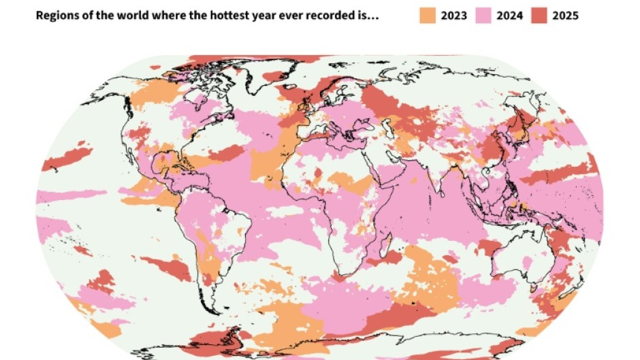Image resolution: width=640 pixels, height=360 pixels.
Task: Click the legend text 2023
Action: (x=454, y=15)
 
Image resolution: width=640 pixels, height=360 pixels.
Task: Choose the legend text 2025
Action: (x=566, y=15)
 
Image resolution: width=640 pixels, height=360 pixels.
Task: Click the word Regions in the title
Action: (x=57, y=15)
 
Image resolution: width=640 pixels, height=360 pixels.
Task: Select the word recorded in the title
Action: (x=317, y=15)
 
